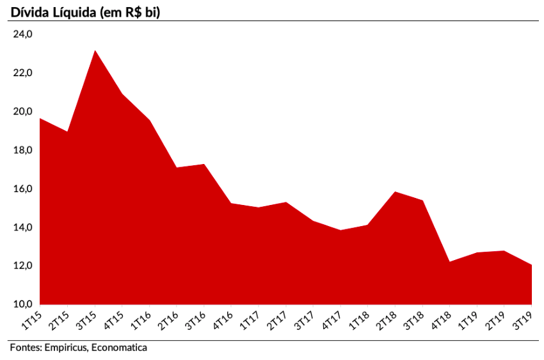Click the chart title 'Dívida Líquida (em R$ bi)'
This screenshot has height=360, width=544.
(84, 11)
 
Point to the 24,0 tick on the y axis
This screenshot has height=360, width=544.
(23, 35)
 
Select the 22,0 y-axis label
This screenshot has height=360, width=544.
(23, 73)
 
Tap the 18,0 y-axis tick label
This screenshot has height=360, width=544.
(23, 151)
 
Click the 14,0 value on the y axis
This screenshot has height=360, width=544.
(23, 227)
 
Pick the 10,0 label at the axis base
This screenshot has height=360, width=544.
(23, 304)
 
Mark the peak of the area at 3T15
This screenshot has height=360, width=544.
(95, 51)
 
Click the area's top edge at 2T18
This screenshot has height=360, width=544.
(395, 192)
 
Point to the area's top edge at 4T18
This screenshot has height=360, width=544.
(449, 262)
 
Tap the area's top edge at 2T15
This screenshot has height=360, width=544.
(67, 132)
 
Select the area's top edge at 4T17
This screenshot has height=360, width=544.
(340, 231)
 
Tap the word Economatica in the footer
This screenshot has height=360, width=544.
(119, 348)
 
